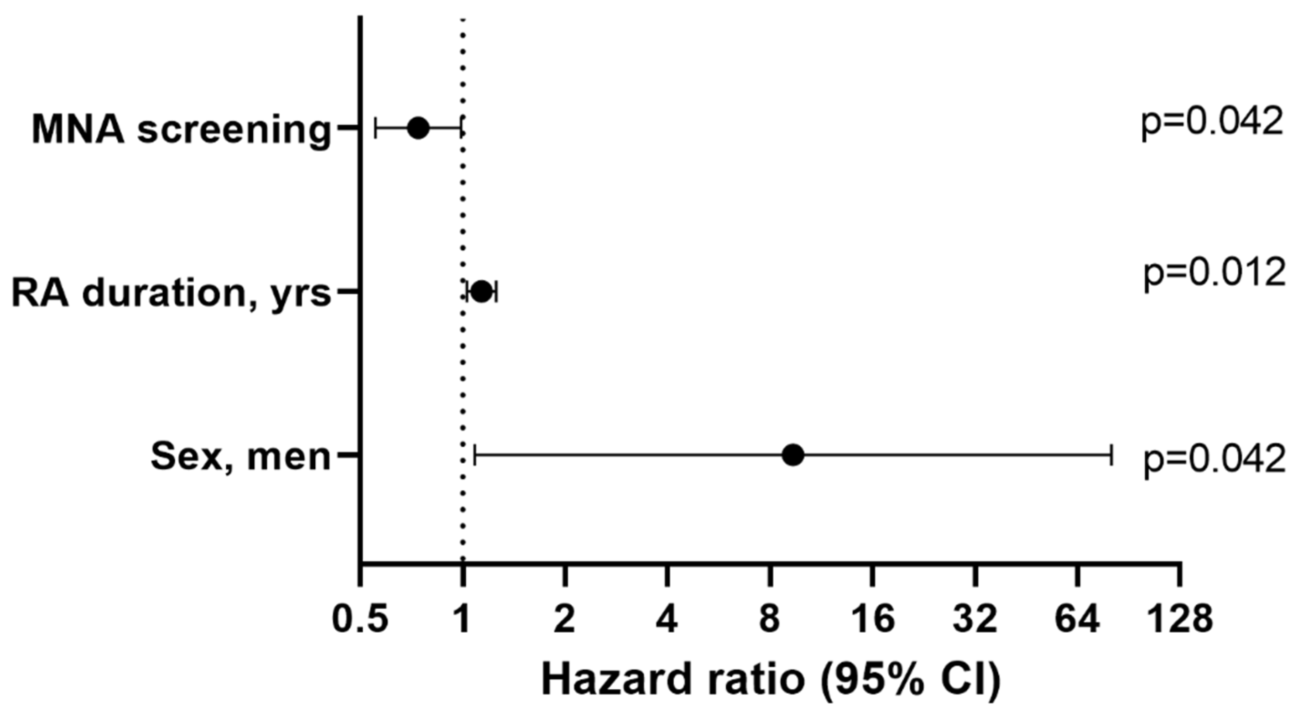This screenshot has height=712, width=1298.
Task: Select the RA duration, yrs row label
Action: (172, 293)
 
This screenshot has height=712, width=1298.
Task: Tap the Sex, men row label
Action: (241, 457)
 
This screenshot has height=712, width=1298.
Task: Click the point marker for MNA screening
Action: (418, 128)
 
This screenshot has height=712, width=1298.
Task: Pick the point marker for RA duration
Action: (482, 292)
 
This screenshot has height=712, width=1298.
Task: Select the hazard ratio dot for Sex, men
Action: (793, 455)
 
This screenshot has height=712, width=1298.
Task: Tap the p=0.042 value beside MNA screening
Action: (1211, 124)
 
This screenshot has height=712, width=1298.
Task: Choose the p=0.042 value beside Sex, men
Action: (1213, 460)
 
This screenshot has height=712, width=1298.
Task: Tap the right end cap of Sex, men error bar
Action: (1111, 455)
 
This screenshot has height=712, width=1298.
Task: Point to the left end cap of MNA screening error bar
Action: (376, 128)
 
